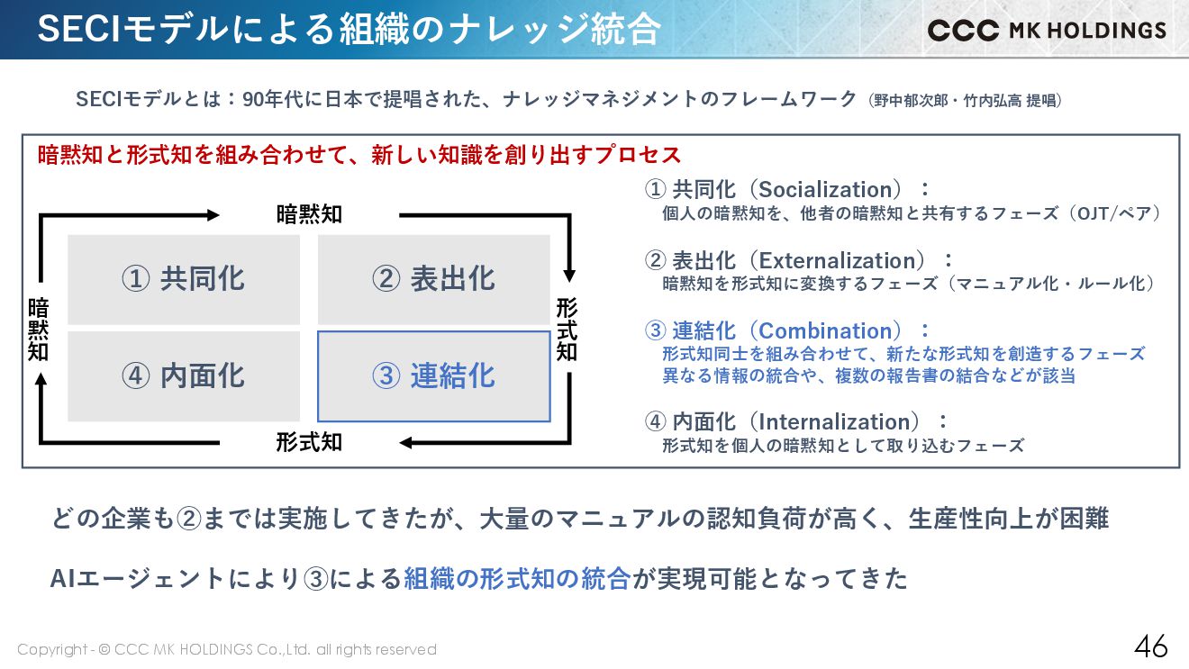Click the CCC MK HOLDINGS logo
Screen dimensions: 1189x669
pos(1047,30)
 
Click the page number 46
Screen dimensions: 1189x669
pos(1150,646)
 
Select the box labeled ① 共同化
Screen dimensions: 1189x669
pos(184,279)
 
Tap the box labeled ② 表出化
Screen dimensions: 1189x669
pos(434,279)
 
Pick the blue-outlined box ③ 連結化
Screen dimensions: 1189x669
pos(434,376)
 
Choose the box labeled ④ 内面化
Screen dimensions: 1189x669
pos(184,376)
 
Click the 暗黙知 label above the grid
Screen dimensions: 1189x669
pos(309,214)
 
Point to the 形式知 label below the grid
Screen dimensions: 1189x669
pos(309,442)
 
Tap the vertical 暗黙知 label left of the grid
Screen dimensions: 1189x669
pos(38,330)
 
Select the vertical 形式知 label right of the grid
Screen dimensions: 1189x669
pos(567,330)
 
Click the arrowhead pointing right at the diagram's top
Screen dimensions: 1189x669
pos(213,215)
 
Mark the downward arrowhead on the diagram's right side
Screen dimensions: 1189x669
pos(568,275)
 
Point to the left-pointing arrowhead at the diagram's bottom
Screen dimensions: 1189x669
pos(406,442)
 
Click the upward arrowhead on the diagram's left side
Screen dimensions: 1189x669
pos(41,381)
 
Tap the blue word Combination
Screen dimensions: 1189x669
pos(830,331)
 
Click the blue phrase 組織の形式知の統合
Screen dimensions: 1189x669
pos(517,579)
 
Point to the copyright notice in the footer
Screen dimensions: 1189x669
pos(227,649)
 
